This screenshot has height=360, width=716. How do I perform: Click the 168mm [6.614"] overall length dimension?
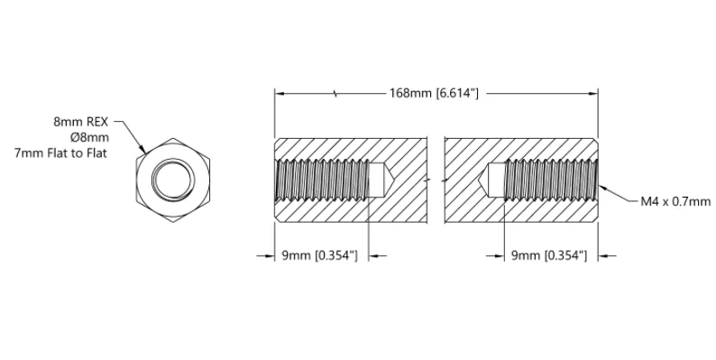[x=434, y=93]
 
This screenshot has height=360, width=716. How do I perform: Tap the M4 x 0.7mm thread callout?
[x=675, y=201]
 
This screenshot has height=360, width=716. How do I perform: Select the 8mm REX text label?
[x=81, y=122]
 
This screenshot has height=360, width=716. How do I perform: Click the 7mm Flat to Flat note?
[x=60, y=153]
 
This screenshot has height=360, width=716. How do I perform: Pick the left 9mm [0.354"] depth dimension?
[x=319, y=255]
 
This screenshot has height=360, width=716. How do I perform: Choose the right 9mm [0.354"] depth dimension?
[x=548, y=255]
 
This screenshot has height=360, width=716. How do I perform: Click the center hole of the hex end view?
[x=172, y=180]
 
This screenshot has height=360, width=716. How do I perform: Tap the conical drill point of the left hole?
[x=383, y=180]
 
